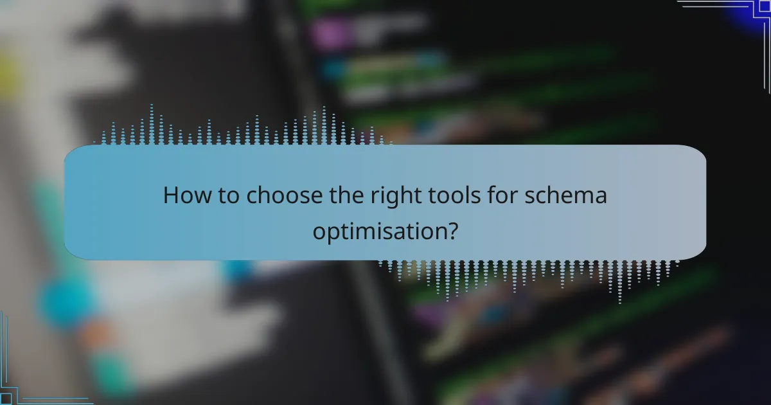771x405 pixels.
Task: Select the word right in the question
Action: tap(407, 195)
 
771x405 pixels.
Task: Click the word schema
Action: tap(566, 195)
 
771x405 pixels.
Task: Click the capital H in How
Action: tap(171, 195)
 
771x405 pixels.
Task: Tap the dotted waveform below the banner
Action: tap(527, 276)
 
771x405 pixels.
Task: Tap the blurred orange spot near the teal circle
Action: tap(96, 334)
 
